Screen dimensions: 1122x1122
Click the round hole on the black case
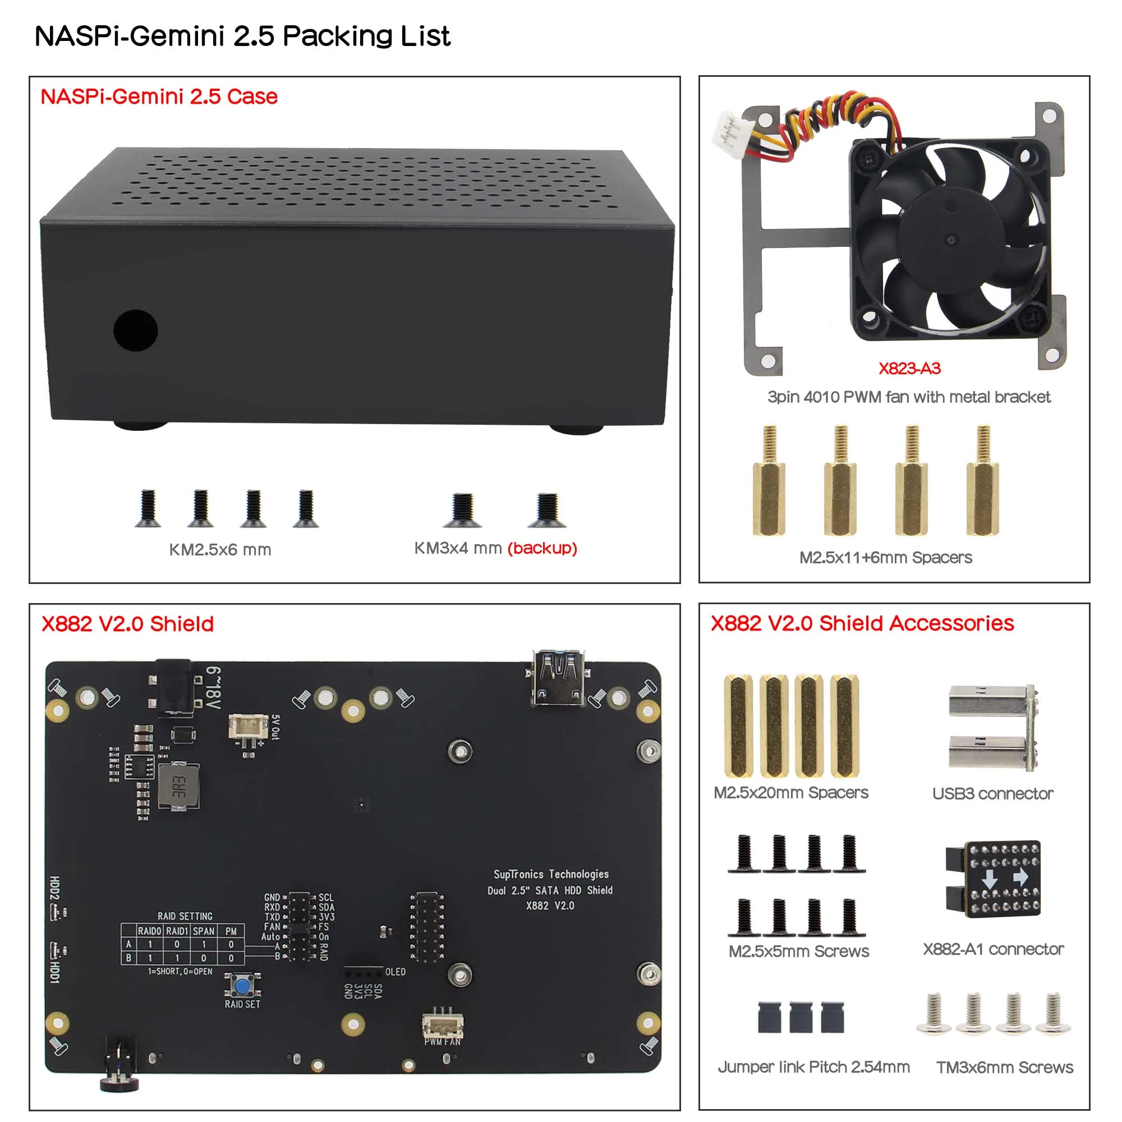click(x=135, y=330)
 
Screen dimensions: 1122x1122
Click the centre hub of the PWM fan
click(x=950, y=240)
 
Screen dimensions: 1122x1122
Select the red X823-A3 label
click(x=909, y=368)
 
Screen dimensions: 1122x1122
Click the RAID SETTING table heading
click(x=185, y=916)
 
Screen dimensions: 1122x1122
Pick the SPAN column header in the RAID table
click(x=203, y=931)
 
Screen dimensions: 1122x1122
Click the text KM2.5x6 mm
click(x=220, y=549)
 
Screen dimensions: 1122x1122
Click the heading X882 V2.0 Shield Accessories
click(x=862, y=623)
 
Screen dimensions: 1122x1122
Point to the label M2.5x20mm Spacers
click(x=790, y=793)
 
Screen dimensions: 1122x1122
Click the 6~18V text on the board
click(x=213, y=688)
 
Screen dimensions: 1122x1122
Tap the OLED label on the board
click(x=395, y=972)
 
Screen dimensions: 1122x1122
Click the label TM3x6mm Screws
click(x=1004, y=1068)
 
